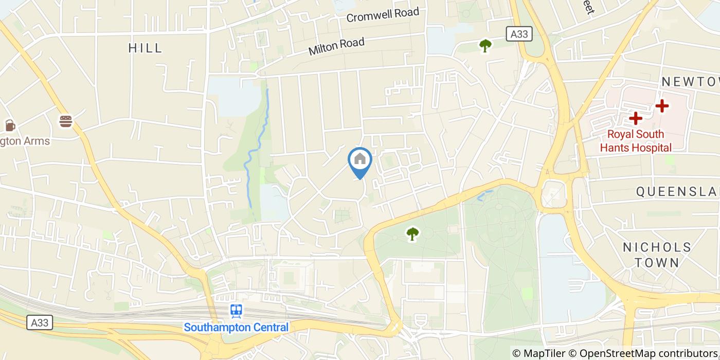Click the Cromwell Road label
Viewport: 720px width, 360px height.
tap(383, 14)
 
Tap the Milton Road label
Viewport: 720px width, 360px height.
tap(336, 47)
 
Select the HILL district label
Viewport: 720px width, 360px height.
tap(146, 48)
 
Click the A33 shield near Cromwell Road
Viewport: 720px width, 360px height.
tap(518, 34)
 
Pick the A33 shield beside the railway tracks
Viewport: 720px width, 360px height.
tap(40, 322)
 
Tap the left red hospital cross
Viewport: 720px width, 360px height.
tap(636, 118)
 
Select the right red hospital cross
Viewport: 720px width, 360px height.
tap(662, 106)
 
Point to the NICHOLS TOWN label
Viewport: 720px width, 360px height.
tap(657, 255)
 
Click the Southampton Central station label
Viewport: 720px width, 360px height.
tap(237, 327)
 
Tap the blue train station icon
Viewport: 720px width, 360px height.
tap(237, 310)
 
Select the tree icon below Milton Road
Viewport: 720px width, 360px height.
tap(485, 46)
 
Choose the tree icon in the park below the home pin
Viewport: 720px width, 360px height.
tap(412, 234)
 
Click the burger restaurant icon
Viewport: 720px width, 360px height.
tap(66, 121)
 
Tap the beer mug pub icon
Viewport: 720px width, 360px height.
tap(10, 125)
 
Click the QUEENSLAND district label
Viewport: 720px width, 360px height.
tap(678, 192)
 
